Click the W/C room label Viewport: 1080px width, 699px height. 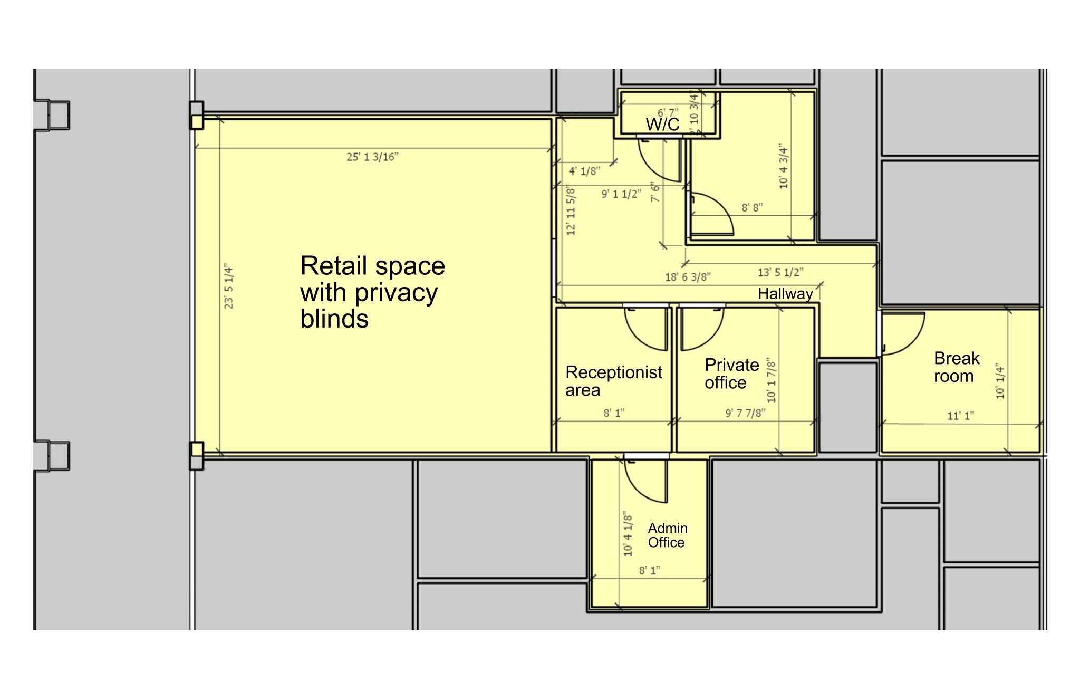(662, 125)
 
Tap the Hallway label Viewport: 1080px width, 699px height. (785, 294)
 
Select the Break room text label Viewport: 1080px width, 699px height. (956, 367)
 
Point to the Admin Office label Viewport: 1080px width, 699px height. (667, 535)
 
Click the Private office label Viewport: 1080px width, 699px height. (731, 374)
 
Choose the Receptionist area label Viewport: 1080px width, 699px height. (613, 381)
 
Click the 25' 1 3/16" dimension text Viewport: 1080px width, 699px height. (372, 157)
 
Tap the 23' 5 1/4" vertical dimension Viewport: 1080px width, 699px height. (229, 286)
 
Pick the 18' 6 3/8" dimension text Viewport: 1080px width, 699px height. (688, 277)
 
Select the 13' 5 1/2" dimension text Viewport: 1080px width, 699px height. (780, 273)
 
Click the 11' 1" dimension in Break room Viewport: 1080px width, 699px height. (960, 416)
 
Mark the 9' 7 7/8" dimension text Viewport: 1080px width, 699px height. (745, 413)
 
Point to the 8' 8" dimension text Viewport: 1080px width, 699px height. (753, 208)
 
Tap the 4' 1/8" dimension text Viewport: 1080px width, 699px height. (584, 171)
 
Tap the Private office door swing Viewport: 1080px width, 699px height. (702, 328)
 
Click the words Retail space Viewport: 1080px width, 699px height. (372, 266)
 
